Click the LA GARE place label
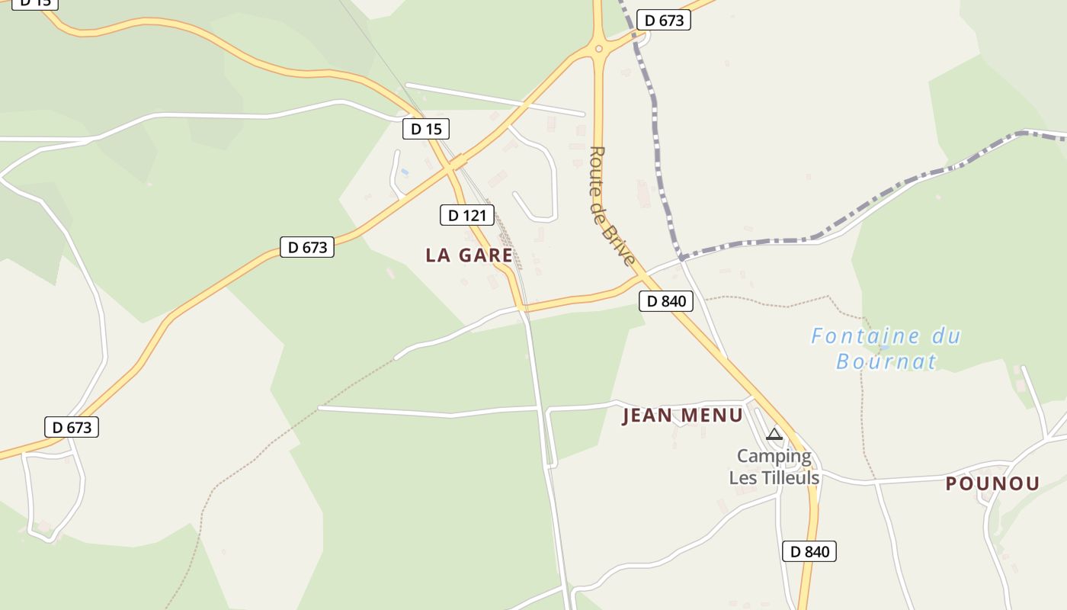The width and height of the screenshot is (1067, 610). click(469, 255)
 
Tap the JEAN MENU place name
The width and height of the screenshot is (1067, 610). click(682, 416)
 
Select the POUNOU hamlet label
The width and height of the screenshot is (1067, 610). click(992, 483)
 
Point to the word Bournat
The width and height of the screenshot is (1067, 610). click(886, 361)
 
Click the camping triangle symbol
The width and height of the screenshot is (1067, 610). click(774, 435)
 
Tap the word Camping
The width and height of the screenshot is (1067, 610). click(774, 457)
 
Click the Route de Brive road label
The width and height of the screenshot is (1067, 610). click(611, 206)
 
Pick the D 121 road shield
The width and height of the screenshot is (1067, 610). click(467, 215)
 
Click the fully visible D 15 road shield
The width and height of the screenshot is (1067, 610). click(426, 129)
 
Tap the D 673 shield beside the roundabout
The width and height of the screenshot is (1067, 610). click(664, 21)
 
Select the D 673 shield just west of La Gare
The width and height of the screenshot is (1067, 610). click(307, 247)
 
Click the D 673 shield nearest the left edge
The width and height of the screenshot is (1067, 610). click(72, 427)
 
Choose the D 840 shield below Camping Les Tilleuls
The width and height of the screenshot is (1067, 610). click(809, 551)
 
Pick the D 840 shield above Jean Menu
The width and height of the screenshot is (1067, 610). click(666, 301)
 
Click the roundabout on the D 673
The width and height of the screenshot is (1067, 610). click(599, 50)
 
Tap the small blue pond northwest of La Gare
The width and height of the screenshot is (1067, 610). click(405, 172)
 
